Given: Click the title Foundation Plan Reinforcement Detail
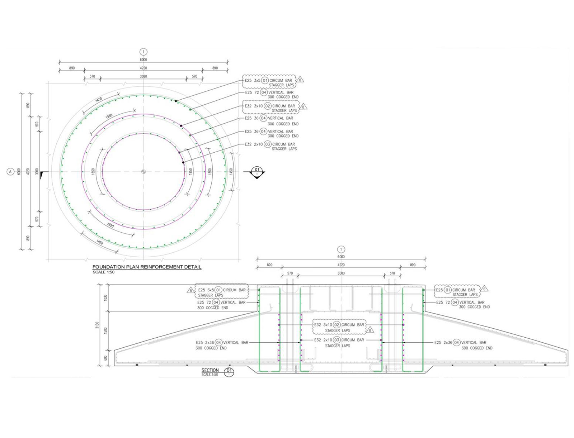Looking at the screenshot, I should coord(147,267).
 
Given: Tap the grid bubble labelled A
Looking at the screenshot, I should coord(10,172).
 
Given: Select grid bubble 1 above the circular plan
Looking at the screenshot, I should coord(143,52).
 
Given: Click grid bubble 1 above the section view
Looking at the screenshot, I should coord(341,249).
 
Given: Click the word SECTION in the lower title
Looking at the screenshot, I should coord(210,370).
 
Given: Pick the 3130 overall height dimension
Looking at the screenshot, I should coord(97,325).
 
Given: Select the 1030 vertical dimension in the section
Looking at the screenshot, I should coord(105,298).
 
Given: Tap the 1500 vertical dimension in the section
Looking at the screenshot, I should coord(105,330).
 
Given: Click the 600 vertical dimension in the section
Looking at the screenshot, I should coord(105,358).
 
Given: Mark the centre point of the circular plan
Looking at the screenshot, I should coord(143,172).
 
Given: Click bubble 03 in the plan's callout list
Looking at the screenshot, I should coord(268,144).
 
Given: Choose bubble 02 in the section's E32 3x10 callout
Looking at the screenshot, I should coord(337,325).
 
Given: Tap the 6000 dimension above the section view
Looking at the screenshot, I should coord(341,257).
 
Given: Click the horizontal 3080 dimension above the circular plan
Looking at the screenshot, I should coord(143,76).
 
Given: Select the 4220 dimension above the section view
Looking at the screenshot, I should coord(341,265).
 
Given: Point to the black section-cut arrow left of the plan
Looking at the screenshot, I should coord(42,174).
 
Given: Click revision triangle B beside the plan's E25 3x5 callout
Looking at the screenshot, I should coord(300,80).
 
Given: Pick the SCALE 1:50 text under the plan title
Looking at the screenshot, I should coord(103,272).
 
